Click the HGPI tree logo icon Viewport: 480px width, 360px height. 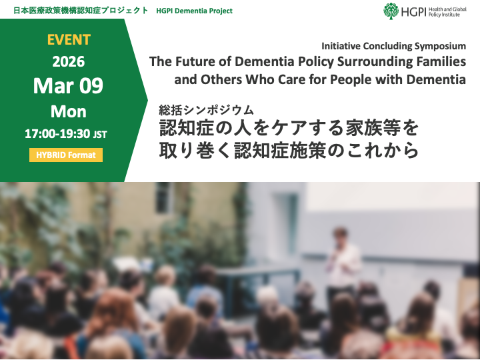391,11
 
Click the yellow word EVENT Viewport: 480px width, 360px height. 69,39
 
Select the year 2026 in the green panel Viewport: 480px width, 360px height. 69,62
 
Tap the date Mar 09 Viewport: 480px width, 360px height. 69,87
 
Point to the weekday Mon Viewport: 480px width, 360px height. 69,111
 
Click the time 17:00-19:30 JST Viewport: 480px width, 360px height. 65,133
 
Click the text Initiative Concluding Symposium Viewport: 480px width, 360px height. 393,46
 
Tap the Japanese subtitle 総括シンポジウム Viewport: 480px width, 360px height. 207,109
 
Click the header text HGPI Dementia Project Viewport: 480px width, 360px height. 195,11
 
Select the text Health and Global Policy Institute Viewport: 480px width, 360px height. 449,11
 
